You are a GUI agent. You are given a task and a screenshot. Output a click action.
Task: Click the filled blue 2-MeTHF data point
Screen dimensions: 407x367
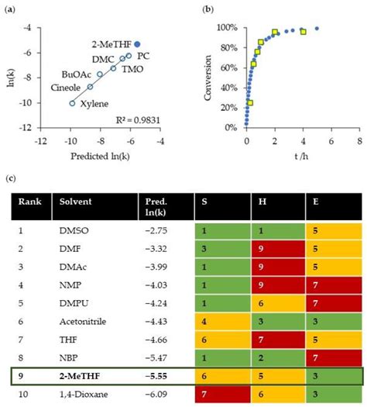pos(138,45)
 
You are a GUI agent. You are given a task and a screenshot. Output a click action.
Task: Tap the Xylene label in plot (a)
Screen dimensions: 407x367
pos(93,104)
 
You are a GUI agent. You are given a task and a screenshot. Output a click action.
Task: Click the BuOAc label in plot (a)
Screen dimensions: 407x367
pos(76,74)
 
